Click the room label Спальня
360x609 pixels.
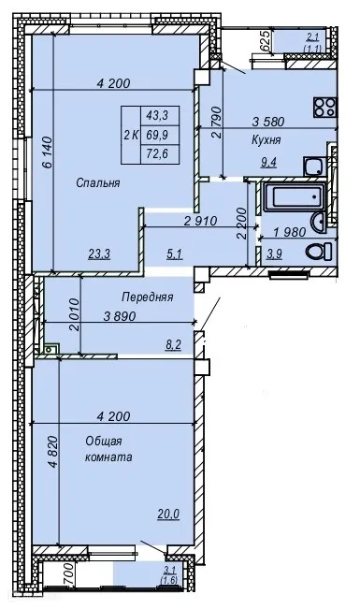[98, 183]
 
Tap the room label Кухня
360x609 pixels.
[266, 140]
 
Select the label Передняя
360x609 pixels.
[147, 297]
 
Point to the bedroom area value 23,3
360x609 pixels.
[99, 254]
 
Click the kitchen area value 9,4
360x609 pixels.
[268, 163]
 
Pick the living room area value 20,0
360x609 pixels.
[168, 514]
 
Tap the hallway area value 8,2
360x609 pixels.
[174, 344]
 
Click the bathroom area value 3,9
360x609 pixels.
[274, 254]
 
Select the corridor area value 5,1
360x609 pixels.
[174, 254]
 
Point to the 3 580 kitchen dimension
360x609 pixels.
[268, 122]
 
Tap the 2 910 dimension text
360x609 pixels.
[200, 222]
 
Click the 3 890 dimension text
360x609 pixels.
[120, 316]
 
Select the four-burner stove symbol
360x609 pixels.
[325, 108]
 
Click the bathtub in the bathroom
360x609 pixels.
[295, 197]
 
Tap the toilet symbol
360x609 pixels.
[319, 252]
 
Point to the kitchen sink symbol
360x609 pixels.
[314, 167]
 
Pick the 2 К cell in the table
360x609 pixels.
[131, 135]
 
